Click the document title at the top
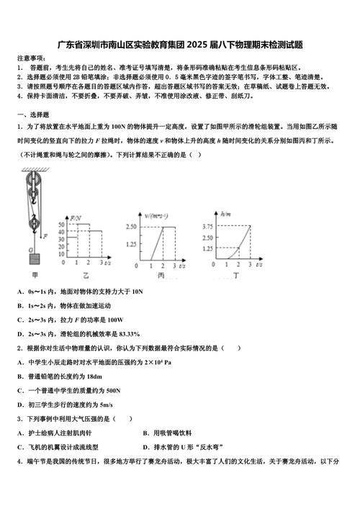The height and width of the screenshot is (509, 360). [x=180, y=44]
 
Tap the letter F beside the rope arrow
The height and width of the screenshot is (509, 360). [x=45, y=235]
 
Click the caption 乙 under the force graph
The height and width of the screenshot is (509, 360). [x=86, y=276]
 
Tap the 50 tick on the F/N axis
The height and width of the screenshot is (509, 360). [x=66, y=228]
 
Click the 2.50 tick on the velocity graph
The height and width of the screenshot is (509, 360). [x=131, y=228]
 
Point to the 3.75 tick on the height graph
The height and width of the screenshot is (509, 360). [x=207, y=228]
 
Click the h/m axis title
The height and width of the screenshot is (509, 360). [x=225, y=215]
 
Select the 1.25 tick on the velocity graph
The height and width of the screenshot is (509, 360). [x=131, y=244]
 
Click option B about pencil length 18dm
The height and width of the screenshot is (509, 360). [x=65, y=376]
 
